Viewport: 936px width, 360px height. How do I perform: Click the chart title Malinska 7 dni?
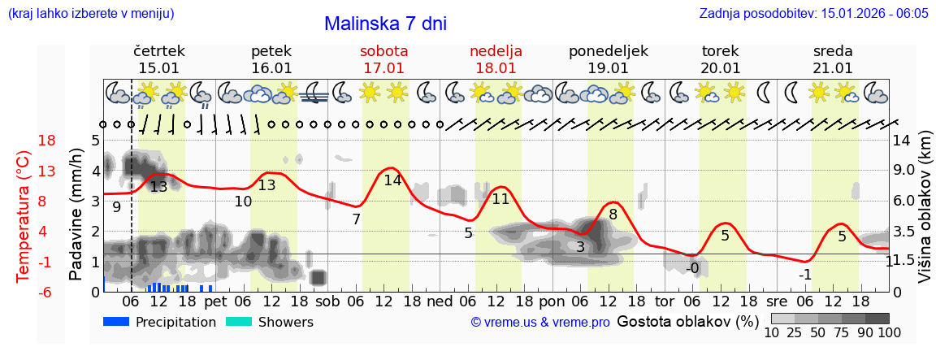click(385, 24)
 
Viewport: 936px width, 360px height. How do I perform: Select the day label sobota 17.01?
click(383, 59)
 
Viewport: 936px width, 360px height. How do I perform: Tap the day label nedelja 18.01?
click(496, 59)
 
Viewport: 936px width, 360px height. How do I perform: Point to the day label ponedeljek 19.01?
click(608, 59)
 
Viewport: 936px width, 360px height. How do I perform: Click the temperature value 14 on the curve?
click(392, 180)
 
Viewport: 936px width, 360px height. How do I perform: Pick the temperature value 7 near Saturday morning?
click(356, 219)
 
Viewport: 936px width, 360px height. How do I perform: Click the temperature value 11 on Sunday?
click(500, 199)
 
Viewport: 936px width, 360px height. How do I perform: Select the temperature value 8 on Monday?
click(613, 215)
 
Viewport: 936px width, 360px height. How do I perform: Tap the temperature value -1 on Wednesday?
click(804, 275)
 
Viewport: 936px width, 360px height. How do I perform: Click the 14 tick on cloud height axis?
click(903, 141)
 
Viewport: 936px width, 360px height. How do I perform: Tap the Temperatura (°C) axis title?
click(23, 215)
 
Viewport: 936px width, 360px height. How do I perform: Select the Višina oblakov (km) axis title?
click(925, 215)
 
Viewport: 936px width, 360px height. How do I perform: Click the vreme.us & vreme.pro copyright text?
click(540, 323)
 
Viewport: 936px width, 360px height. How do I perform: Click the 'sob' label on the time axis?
click(328, 301)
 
